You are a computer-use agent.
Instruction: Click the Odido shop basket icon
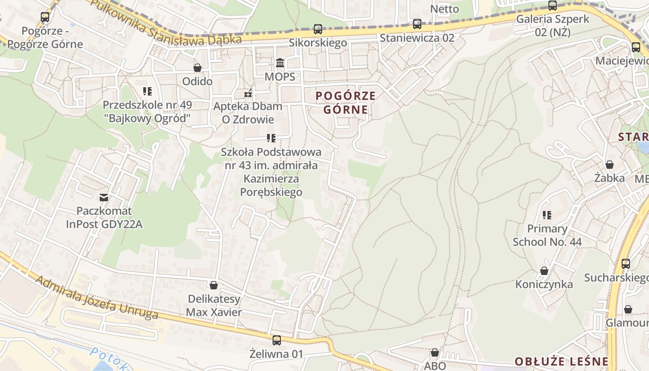197,68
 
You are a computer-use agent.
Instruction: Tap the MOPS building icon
280,63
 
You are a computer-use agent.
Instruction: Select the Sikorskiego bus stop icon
318,29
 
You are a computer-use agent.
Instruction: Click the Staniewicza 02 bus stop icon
417,24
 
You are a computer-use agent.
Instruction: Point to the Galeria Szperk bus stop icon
552,6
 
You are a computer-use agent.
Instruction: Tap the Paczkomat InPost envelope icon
104,198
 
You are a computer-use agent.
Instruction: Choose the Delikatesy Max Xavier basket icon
214,285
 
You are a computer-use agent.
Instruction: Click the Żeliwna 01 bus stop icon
277,340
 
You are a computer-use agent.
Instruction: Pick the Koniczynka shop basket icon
544,271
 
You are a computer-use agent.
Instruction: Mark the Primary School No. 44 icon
547,215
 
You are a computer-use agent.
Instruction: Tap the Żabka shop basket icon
610,165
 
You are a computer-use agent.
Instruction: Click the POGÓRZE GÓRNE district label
345,102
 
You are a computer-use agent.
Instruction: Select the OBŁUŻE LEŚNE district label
561,361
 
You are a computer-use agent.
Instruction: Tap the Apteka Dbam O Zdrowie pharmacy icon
248,93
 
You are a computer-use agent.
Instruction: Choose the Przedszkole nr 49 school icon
147,91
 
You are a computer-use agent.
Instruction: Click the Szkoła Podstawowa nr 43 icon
271,138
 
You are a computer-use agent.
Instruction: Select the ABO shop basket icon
434,353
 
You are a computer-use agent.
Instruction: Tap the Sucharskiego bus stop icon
626,264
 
